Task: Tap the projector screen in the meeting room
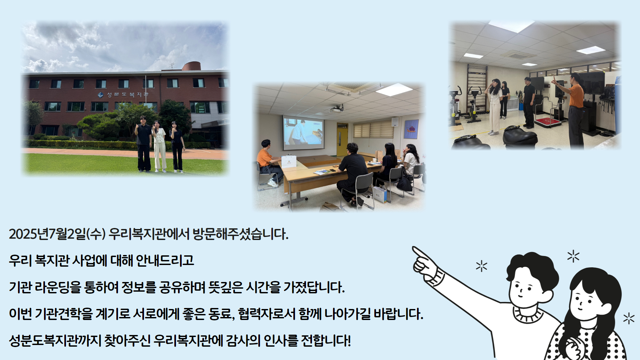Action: (303, 133)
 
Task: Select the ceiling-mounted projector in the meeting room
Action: (337, 108)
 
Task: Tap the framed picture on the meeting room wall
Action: (411, 129)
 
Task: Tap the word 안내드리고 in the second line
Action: (165, 260)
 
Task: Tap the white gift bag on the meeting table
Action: (289, 161)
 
